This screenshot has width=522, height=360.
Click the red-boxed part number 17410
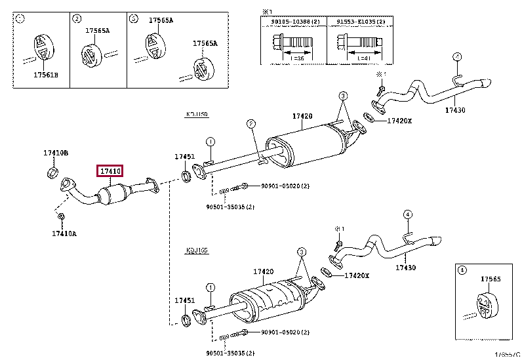click(110, 172)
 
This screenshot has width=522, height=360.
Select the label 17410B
click(56, 153)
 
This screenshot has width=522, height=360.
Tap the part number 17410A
click(64, 232)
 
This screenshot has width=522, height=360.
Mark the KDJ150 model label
click(196, 114)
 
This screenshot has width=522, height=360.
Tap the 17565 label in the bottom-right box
click(490, 279)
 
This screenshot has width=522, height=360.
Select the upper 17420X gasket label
click(400, 121)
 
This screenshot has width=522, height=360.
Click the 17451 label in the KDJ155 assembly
click(184, 300)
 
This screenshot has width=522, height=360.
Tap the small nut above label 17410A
click(60, 216)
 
